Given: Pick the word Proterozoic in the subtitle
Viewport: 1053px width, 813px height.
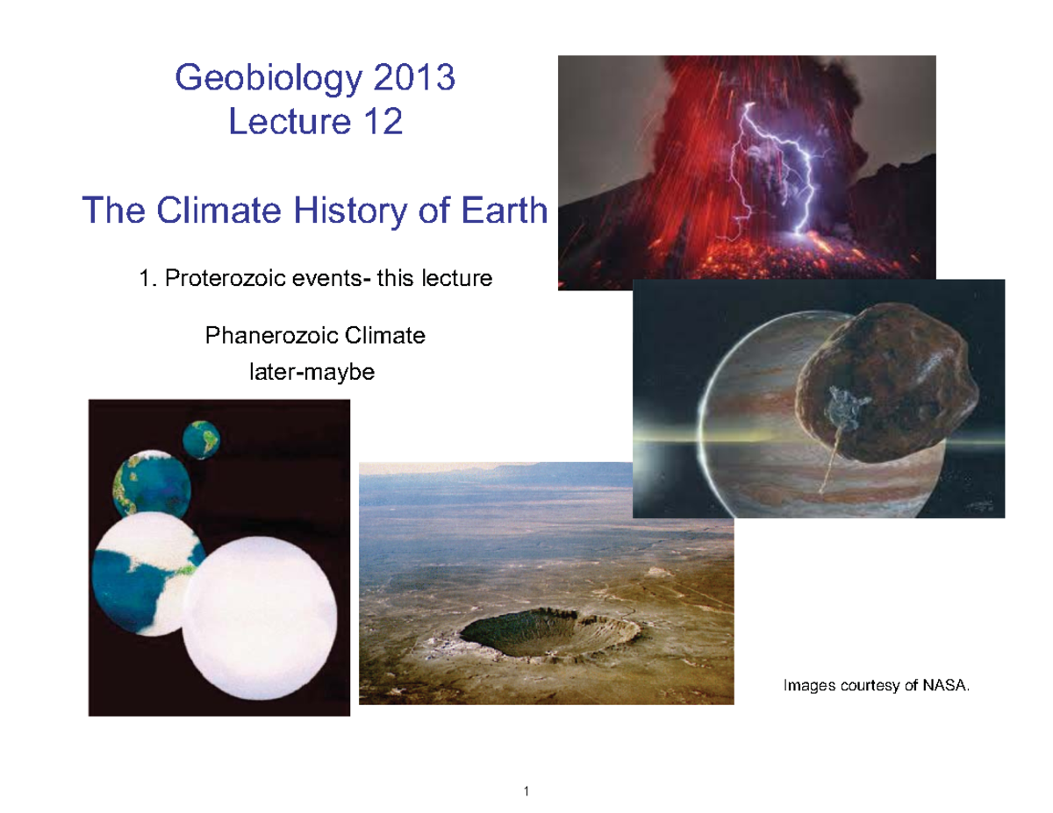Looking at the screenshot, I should (x=232, y=280).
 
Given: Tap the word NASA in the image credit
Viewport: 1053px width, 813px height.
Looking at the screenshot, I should (x=948, y=685).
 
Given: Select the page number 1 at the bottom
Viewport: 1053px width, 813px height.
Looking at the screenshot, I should (x=526, y=793).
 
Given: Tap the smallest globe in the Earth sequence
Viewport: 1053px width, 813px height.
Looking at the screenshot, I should (x=201, y=439).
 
